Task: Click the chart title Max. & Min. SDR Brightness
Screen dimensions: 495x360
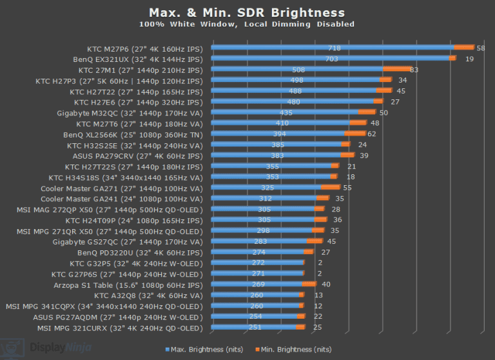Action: click(x=247, y=13)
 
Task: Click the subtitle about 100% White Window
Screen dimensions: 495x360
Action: click(x=247, y=25)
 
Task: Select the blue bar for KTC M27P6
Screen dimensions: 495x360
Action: click(x=333, y=47)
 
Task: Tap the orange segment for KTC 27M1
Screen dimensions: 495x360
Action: click(x=397, y=69)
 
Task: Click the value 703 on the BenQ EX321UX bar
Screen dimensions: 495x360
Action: click(x=331, y=59)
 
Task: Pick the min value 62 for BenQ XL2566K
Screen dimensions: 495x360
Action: click(x=371, y=134)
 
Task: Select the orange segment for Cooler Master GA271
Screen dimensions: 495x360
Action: click(x=331, y=187)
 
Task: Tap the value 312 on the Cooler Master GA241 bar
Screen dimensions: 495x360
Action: click(x=265, y=199)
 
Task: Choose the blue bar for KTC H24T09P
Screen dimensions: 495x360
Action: click(x=263, y=219)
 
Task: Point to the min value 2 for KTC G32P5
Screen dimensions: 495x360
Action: click(x=320, y=263)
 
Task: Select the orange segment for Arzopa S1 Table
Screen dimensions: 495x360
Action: click(x=309, y=284)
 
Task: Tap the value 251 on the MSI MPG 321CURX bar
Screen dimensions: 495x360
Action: click(x=255, y=327)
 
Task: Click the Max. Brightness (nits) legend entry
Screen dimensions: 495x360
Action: click(x=204, y=350)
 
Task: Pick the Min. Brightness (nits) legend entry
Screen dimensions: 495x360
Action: click(x=294, y=350)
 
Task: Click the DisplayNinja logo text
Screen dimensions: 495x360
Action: click(x=61, y=348)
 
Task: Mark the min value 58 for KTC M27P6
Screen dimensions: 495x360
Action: click(x=481, y=48)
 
